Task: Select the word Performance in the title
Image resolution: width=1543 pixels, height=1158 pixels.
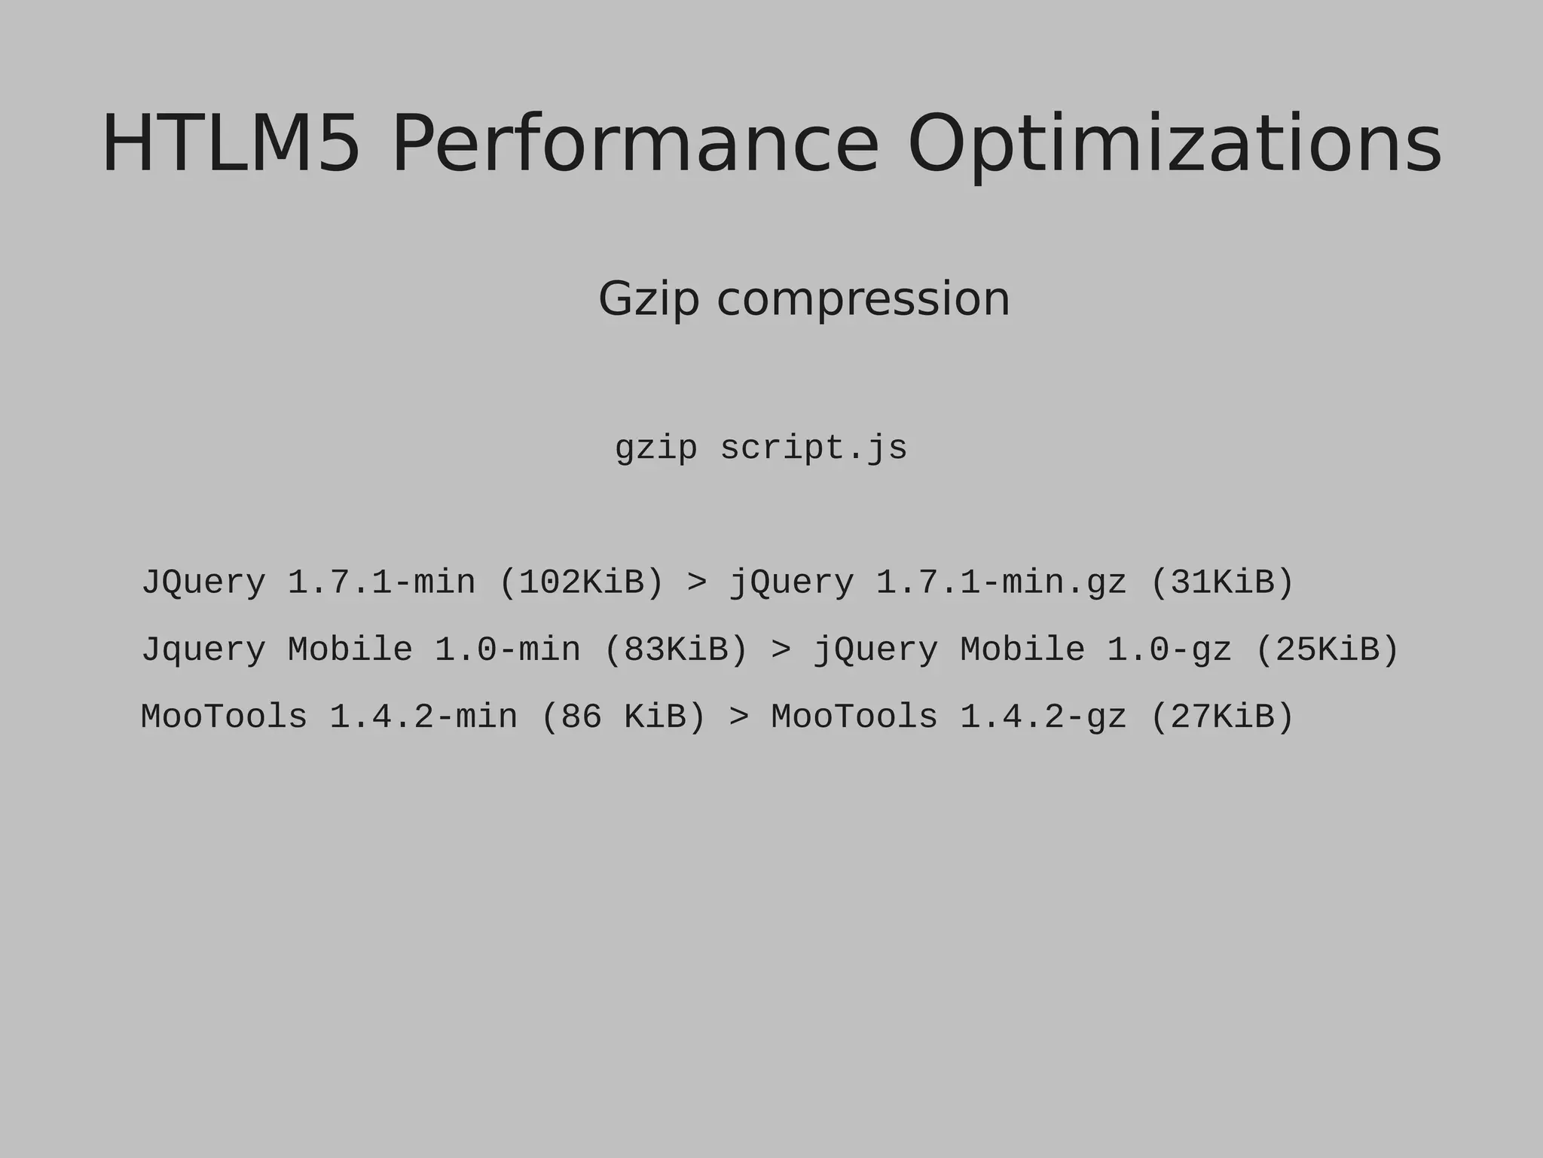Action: coord(635,144)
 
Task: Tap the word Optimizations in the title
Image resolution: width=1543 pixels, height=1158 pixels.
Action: coord(1174,144)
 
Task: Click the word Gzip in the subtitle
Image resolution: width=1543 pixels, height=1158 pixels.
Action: coord(649,299)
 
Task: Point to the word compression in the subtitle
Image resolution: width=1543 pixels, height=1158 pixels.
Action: coord(863,299)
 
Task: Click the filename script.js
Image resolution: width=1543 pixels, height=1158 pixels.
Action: coord(814,448)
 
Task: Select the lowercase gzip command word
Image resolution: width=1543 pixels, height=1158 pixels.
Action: coord(655,449)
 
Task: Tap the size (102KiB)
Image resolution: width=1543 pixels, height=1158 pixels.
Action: coord(582,582)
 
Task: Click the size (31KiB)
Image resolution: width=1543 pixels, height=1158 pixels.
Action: coord(1222,582)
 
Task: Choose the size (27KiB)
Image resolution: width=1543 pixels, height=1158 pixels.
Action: coord(1222,716)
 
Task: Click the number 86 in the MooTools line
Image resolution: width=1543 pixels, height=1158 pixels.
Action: coord(582,716)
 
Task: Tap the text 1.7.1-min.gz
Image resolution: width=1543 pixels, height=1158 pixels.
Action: coord(1001,582)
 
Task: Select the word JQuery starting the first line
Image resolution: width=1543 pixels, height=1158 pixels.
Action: coord(204,582)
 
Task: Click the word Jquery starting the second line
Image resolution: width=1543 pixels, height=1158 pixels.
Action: coord(204,649)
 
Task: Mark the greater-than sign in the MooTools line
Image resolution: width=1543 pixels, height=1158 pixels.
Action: coord(739,716)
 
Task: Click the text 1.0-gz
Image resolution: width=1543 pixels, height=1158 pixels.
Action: coord(1169,649)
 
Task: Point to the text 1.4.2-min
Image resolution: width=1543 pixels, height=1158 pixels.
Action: coord(423,716)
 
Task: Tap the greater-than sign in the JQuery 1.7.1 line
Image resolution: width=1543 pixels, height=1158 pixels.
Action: coord(697,582)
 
